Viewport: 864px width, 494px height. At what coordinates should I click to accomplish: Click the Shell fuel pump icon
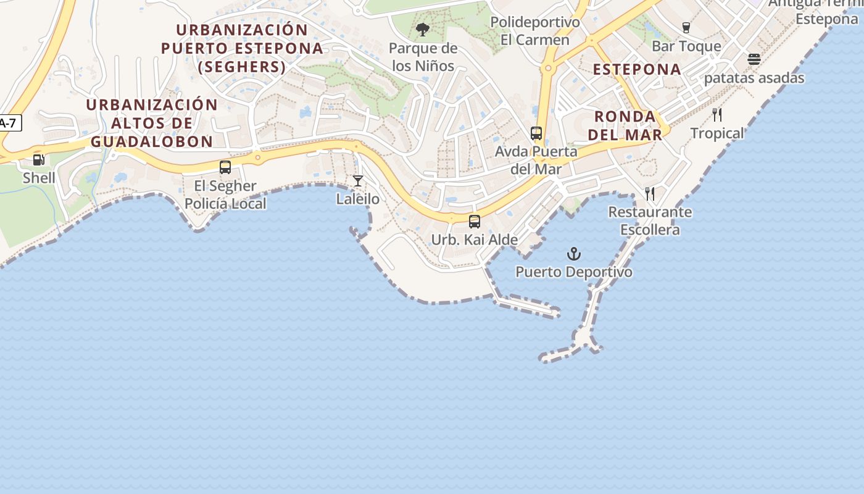39,160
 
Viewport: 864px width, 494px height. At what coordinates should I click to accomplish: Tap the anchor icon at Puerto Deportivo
574,254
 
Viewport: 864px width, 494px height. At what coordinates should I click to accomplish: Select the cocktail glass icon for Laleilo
358,181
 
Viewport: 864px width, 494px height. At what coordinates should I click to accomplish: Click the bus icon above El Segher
225,167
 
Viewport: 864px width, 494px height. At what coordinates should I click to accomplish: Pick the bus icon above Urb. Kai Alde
475,222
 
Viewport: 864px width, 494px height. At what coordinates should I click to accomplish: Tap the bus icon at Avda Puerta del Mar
536,133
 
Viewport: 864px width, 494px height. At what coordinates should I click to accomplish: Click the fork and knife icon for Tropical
717,115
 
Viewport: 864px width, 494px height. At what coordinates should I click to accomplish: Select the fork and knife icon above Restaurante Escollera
650,194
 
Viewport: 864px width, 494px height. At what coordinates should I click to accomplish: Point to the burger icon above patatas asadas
754,59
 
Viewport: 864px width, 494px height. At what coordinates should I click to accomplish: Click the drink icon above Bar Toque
686,28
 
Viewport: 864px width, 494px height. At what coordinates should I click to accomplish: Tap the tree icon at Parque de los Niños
423,30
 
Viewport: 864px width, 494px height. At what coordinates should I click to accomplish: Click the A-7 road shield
9,123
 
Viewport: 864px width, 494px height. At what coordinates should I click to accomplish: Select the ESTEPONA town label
637,69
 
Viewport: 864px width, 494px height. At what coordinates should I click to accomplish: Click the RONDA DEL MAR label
625,125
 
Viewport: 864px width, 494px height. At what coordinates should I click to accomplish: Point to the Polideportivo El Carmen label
534,31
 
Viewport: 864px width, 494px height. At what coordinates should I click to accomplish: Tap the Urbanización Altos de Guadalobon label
152,123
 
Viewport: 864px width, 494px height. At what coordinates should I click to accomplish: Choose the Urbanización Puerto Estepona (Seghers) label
242,48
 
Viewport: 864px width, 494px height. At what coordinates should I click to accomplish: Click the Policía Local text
225,204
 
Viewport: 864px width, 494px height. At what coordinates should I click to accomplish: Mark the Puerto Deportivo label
574,272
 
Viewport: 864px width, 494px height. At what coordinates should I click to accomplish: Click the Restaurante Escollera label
650,221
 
